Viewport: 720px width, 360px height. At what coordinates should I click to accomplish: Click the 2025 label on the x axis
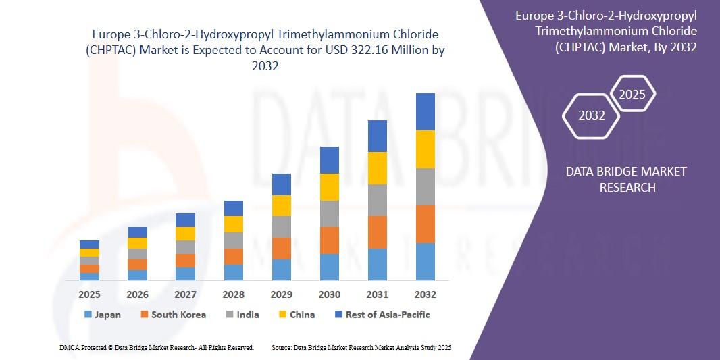[89, 294]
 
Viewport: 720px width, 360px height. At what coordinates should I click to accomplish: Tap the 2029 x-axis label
[282, 294]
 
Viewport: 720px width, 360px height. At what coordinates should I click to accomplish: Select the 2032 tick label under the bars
[426, 294]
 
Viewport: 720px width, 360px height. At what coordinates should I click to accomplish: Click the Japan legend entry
[103, 315]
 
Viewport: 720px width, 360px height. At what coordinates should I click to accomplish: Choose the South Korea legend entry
[173, 315]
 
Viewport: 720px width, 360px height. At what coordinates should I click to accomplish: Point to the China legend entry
[297, 315]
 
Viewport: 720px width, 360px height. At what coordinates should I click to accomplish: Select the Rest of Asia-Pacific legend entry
[382, 315]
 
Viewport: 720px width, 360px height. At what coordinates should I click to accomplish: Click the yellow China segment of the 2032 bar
[426, 149]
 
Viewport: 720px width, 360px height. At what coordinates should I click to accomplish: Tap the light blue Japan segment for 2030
[330, 267]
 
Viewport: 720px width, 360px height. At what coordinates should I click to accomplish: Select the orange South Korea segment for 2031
[378, 232]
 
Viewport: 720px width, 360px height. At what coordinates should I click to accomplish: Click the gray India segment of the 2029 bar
[282, 227]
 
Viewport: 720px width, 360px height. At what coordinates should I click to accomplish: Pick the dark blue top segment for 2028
[234, 208]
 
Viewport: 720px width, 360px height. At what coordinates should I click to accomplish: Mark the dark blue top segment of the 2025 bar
[89, 245]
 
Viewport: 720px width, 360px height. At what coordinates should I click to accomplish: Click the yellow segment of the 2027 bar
[185, 234]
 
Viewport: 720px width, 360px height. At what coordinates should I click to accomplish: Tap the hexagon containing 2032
[592, 115]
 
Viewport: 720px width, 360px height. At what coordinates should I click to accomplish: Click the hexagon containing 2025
[633, 94]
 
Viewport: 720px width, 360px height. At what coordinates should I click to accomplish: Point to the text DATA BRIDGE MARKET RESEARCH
[627, 179]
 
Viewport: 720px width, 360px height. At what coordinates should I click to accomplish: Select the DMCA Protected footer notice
[157, 347]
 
